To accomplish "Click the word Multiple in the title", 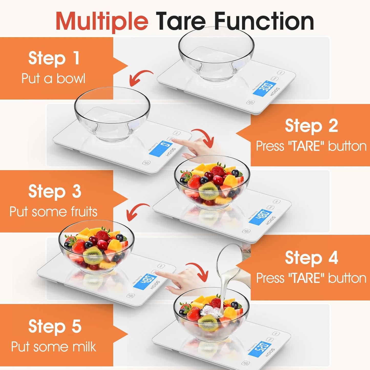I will [x=102, y=21].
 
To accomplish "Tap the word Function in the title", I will [x=264, y=21].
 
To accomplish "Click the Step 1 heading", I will [x=54, y=58].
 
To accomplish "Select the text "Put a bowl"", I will [x=53, y=78].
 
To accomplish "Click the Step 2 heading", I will [x=311, y=126].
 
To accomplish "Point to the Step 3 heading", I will [x=55, y=191].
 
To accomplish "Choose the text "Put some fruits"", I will [x=54, y=212].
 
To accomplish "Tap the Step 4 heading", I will [x=311, y=258].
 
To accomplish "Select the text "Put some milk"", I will [x=54, y=347].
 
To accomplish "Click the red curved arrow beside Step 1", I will [x=140, y=78].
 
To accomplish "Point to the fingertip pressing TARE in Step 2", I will [x=172, y=139].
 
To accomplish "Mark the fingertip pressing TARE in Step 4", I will [x=157, y=274].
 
